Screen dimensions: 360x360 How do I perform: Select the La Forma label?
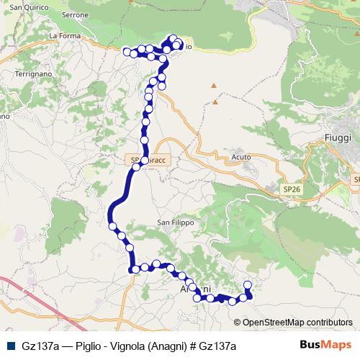(x=63, y=35)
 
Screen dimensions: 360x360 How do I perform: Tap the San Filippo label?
(x=176, y=223)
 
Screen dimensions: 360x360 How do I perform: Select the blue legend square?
(x=9, y=346)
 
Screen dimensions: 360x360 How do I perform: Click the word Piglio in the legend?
(x=89, y=346)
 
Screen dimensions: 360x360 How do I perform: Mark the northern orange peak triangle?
(x=214, y=86)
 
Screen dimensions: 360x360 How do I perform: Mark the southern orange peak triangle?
(x=216, y=103)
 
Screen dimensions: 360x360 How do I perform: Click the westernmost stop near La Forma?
(x=127, y=51)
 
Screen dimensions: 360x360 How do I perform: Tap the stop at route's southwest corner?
(x=134, y=269)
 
